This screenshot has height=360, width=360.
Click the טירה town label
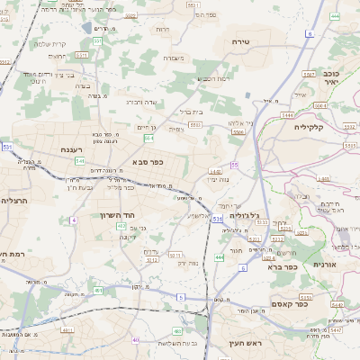click(240, 41)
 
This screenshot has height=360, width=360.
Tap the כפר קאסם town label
click(313, 303)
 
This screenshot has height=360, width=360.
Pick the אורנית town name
click(325, 265)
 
